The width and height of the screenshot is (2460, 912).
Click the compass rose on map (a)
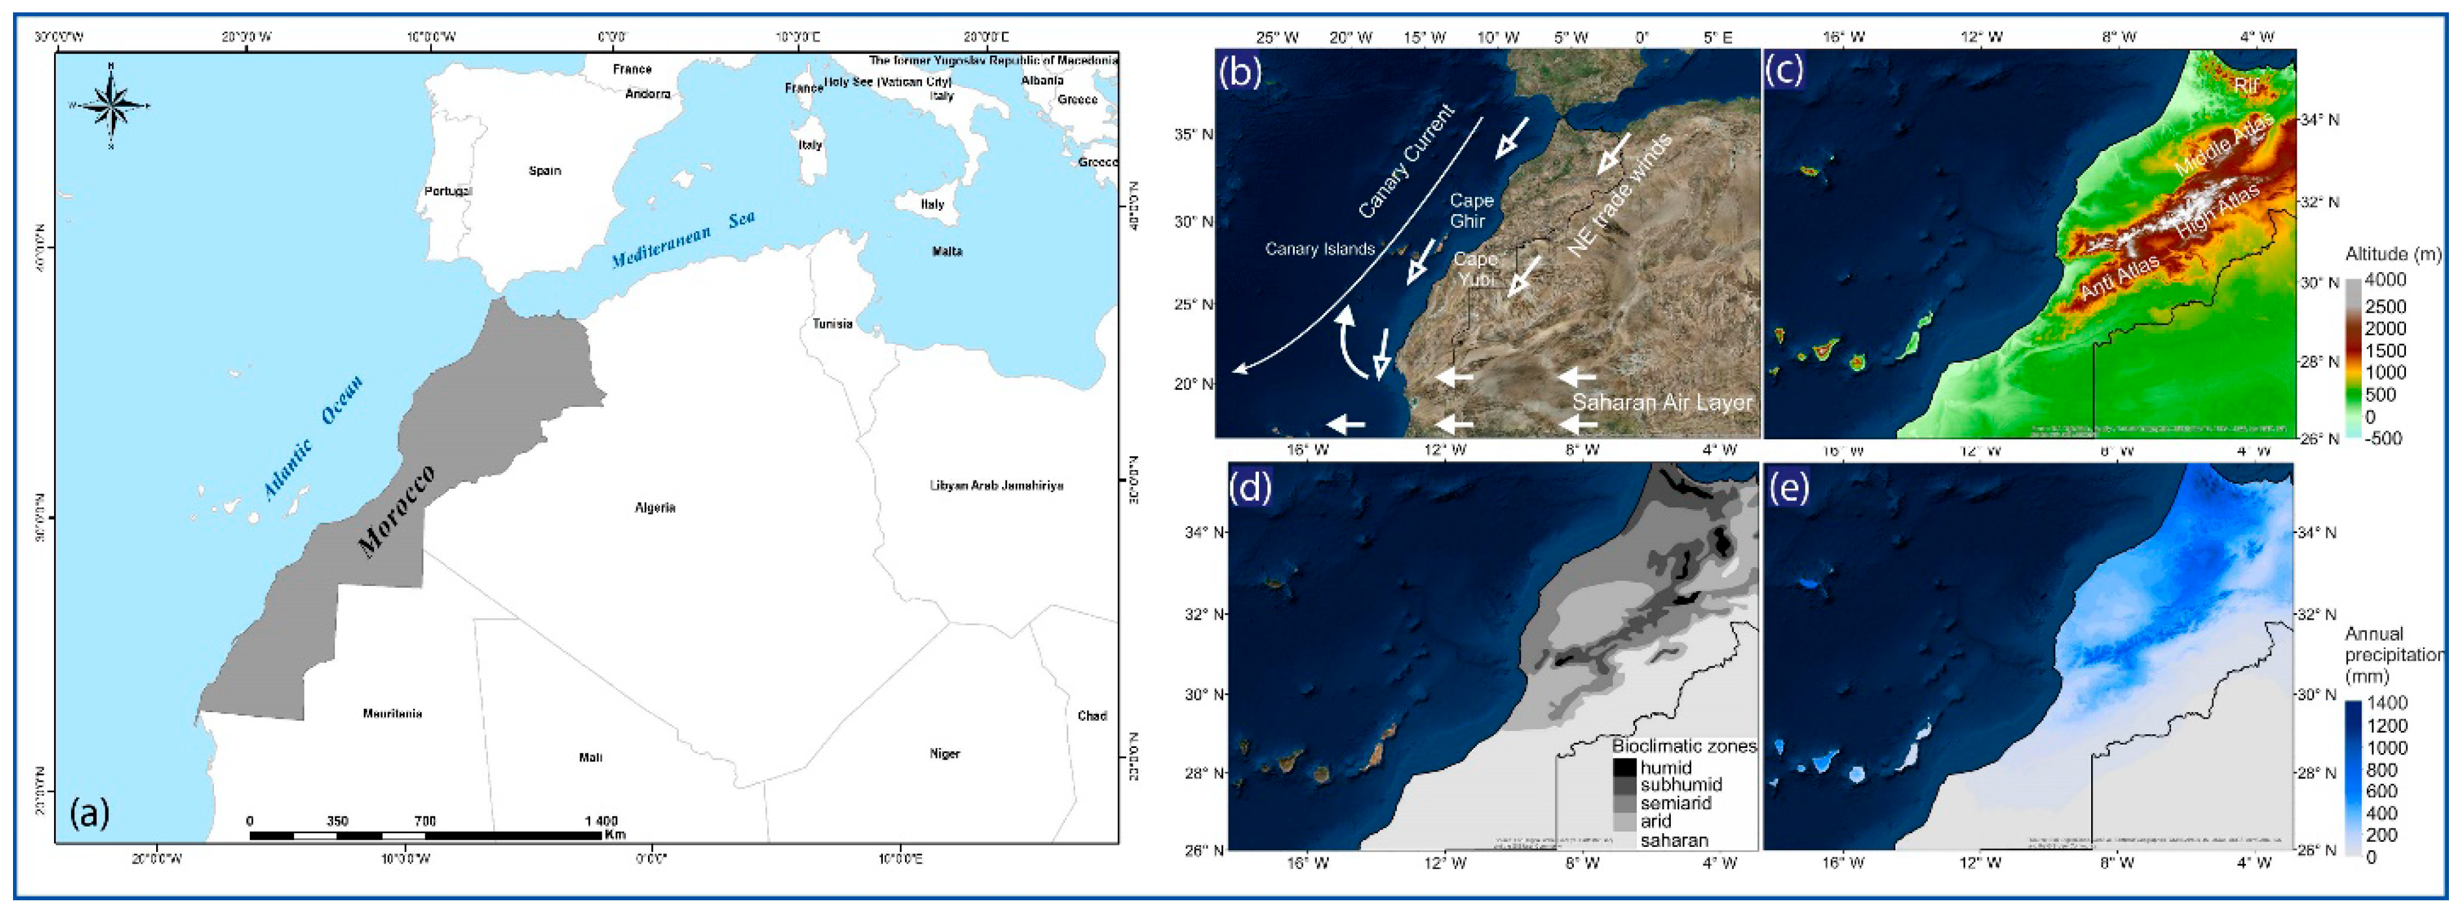pos(112,104)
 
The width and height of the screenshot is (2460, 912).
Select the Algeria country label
pos(655,507)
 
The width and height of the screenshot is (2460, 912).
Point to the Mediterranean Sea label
pos(683,239)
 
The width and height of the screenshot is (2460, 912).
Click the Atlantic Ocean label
pos(313,438)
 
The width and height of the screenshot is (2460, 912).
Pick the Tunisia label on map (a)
pos(831,324)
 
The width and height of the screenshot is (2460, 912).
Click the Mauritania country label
pos(392,713)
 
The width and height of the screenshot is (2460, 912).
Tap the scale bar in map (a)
pos(425,835)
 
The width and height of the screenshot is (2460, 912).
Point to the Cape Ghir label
pos(1470,211)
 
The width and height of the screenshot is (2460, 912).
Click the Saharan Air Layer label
pos(1662,402)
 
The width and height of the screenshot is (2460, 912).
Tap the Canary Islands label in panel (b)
pos(1319,249)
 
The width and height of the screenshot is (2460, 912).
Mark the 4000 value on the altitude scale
pos(2385,281)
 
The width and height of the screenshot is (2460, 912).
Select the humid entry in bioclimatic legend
pos(1666,767)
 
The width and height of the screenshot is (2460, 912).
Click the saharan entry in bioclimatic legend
pos(1673,840)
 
